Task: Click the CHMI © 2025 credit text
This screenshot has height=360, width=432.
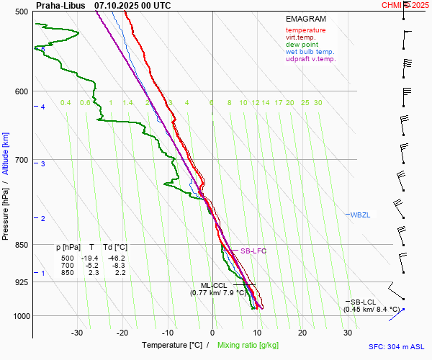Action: [406, 5]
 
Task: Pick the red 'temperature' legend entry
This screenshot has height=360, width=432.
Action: [305, 30]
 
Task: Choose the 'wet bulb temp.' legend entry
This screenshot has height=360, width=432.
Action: [310, 52]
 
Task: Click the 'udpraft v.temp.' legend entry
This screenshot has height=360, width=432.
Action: [310, 59]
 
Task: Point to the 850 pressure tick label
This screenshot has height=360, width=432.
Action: [20, 245]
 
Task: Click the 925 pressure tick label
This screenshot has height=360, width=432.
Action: [20, 282]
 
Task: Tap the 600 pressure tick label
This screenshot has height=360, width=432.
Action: [20, 91]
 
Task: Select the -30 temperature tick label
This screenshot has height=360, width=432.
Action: [77, 333]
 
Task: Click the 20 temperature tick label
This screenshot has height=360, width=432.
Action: [302, 333]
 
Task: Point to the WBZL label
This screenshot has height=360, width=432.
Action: [360, 215]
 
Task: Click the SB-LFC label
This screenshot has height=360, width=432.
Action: [254, 251]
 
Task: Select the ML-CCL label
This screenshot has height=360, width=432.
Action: [214, 286]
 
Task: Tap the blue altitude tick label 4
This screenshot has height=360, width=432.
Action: [42, 107]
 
